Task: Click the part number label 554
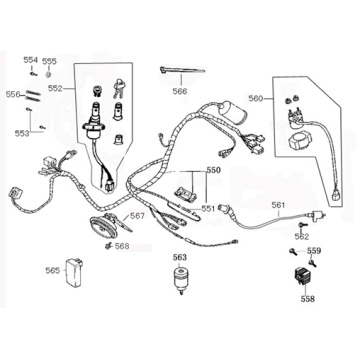coord(29,60)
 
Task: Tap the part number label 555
coord(49,60)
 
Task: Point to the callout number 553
coord(22,132)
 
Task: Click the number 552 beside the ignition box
coord(55,89)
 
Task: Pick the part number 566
coord(179,91)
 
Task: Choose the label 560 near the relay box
coord(256,99)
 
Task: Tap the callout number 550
coord(213,170)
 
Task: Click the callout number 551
coord(209,208)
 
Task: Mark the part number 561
coord(279,206)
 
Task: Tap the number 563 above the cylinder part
coord(179,257)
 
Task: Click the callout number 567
coord(137,215)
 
